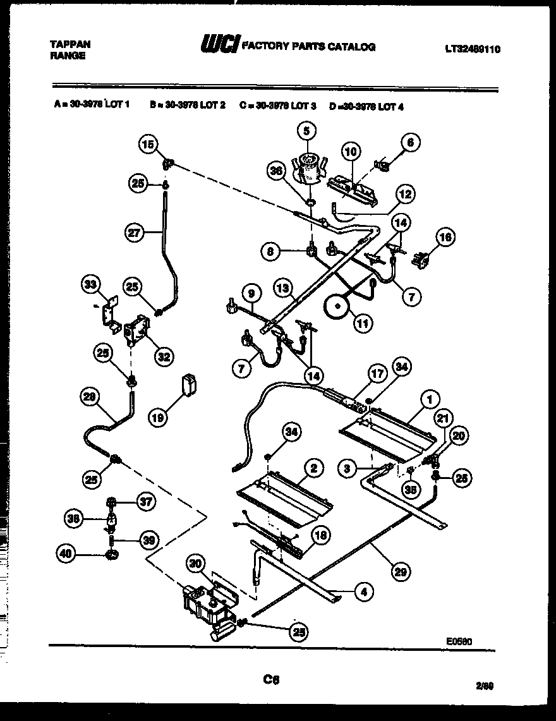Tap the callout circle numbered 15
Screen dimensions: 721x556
coord(148,145)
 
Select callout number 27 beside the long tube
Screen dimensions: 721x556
coord(133,233)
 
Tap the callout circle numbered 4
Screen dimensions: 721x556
coord(363,592)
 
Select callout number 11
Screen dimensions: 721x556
coord(363,323)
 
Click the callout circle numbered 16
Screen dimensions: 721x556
coord(445,237)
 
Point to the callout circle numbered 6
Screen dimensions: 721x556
coord(411,143)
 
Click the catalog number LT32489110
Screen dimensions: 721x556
coord(471,49)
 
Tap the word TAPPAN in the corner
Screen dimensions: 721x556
coord(69,44)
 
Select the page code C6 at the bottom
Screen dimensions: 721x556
coord(271,680)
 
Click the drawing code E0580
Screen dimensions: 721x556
coord(459,640)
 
